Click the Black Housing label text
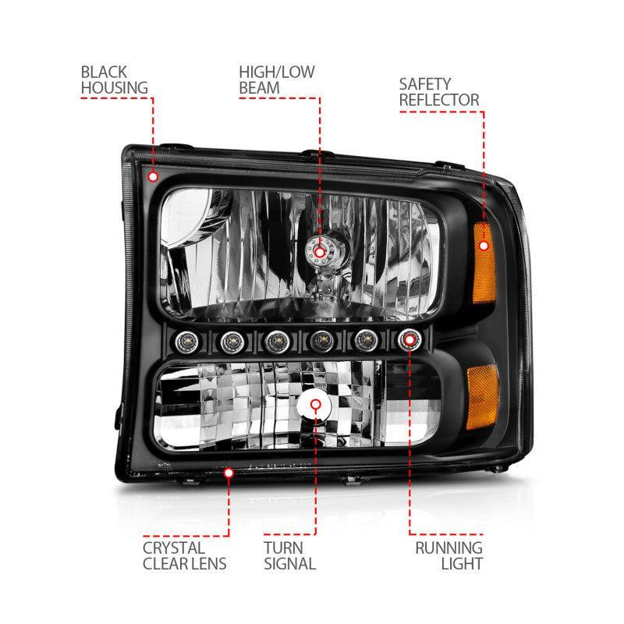point(114,80)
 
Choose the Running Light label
point(448,555)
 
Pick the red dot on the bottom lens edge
point(229,470)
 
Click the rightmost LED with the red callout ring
point(409,340)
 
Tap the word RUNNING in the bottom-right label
point(448,547)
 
